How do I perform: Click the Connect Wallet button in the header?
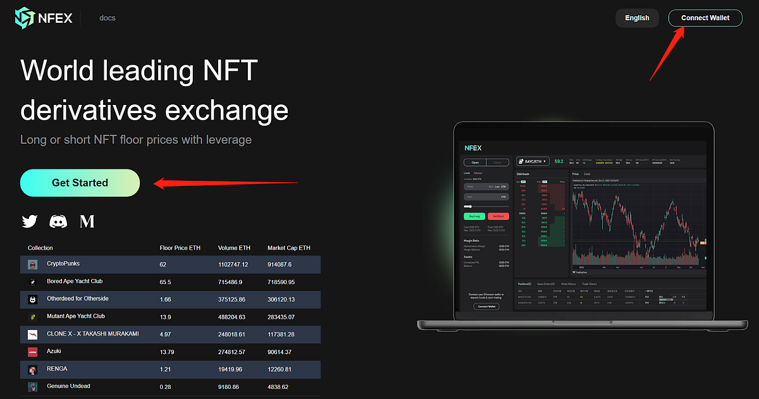click(x=705, y=18)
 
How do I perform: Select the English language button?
click(x=637, y=18)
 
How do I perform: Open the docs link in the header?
click(x=107, y=18)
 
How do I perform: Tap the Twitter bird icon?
click(x=30, y=221)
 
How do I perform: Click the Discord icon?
click(x=59, y=221)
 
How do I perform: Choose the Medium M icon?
click(x=87, y=221)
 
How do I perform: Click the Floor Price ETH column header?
click(x=180, y=248)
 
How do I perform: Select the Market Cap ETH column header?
click(x=288, y=248)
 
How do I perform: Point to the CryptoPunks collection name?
click(x=63, y=264)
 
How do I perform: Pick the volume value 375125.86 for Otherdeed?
click(x=233, y=299)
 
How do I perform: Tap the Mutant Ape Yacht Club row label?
click(x=76, y=316)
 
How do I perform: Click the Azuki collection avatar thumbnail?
click(x=33, y=352)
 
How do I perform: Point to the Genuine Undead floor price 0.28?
click(x=166, y=386)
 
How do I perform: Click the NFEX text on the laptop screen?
click(x=473, y=148)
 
